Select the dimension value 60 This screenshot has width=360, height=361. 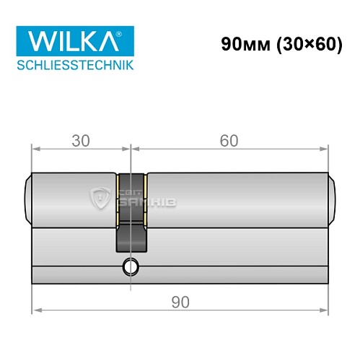229,141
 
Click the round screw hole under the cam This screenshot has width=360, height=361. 131,266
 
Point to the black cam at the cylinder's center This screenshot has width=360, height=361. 131,217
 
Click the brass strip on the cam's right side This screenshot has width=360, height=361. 145,199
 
